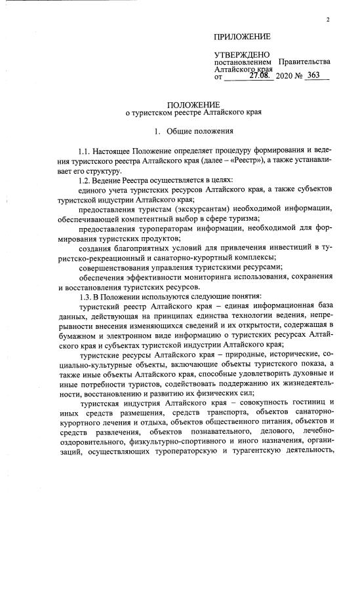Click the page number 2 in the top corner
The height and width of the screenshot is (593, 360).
pyautogui.click(x=327, y=19)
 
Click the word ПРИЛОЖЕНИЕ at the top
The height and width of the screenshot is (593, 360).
pyautogui.click(x=242, y=36)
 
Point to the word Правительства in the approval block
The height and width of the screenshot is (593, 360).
pyautogui.click(x=304, y=62)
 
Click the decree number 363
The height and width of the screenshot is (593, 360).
pyautogui.click(x=313, y=76)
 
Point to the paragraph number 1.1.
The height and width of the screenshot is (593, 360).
pyautogui.click(x=85, y=152)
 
